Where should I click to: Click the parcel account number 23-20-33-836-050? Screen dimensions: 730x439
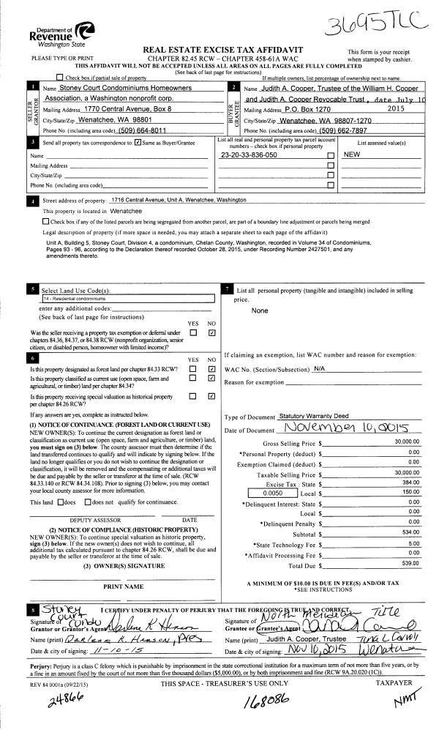tap(249, 155)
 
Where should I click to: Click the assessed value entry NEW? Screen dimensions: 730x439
tap(353, 155)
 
